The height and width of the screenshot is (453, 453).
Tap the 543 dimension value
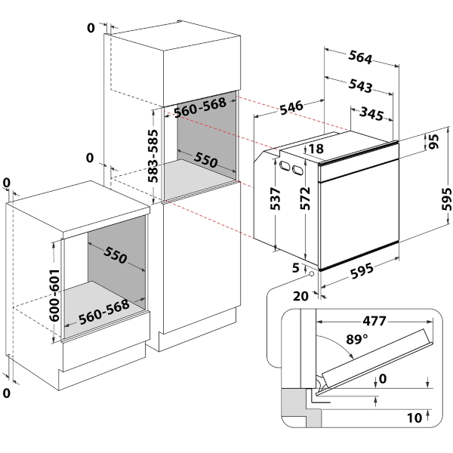pyautogui.click(x=360, y=86)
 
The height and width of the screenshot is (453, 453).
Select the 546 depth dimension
pyautogui.click(x=291, y=107)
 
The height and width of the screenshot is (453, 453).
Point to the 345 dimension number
pyautogui.click(x=371, y=113)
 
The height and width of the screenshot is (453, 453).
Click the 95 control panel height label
pyautogui.click(x=433, y=141)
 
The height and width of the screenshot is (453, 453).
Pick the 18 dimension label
pyautogui.click(x=316, y=149)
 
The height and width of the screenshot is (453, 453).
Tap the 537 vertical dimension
pyautogui.click(x=275, y=199)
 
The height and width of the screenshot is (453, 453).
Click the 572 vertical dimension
pyautogui.click(x=305, y=198)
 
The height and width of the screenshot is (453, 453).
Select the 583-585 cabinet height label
pyautogui.click(x=153, y=156)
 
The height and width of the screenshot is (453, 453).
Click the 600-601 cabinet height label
pyautogui.click(x=54, y=295)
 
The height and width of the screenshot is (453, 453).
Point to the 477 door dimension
pyautogui.click(x=374, y=321)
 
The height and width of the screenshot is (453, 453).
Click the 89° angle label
pyautogui.click(x=357, y=339)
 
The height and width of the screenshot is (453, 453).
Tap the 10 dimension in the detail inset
pyautogui.click(x=414, y=418)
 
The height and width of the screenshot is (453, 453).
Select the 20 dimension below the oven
pyautogui.click(x=300, y=296)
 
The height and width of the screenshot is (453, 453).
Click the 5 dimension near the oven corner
pyautogui.click(x=295, y=268)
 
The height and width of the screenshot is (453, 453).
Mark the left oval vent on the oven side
pyautogui.click(x=285, y=165)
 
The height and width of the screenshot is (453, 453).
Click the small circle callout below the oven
pyautogui.click(x=312, y=273)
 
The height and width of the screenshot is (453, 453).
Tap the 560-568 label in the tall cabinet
pyautogui.click(x=200, y=107)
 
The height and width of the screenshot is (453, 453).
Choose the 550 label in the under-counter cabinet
pyautogui.click(x=115, y=255)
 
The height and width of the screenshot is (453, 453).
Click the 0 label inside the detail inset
pyautogui.click(x=383, y=378)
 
